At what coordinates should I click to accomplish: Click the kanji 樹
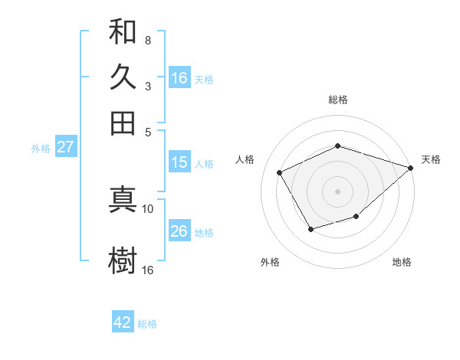click(123, 260)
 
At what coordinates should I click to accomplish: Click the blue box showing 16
click(179, 78)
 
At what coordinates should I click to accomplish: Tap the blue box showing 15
click(179, 162)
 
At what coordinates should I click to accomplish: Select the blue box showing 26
click(179, 231)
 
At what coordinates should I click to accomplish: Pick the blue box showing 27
click(65, 147)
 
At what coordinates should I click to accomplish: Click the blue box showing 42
click(123, 322)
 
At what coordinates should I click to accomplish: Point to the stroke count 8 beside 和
click(147, 40)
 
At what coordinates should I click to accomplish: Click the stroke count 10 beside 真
click(147, 208)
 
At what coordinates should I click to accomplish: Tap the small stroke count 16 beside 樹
click(147, 270)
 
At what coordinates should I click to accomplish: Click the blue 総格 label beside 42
click(147, 324)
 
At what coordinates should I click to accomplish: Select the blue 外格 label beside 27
click(41, 149)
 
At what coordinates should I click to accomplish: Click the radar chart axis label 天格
click(431, 159)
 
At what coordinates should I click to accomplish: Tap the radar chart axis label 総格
click(338, 100)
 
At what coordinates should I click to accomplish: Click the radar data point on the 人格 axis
click(280, 173)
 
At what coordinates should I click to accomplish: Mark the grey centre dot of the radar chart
click(338, 191)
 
